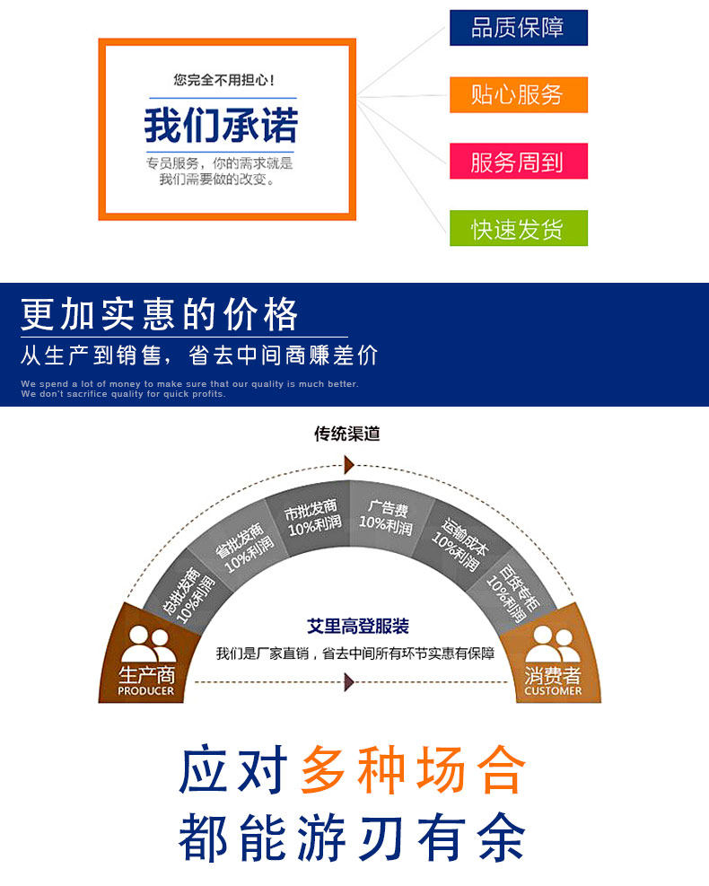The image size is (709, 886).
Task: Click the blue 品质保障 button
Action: pyautogui.click(x=518, y=28)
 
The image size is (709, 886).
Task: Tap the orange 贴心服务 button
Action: pyautogui.click(x=518, y=94)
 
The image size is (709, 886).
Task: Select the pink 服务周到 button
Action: pyautogui.click(x=518, y=162)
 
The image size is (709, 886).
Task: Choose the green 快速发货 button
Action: pyautogui.click(x=518, y=228)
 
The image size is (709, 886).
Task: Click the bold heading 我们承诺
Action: pyautogui.click(x=221, y=126)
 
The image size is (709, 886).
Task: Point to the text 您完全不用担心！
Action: pyautogui.click(x=224, y=80)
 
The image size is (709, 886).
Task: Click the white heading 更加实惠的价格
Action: pyautogui.click(x=160, y=315)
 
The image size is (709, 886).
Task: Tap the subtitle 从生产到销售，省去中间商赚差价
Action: pyautogui.click(x=199, y=355)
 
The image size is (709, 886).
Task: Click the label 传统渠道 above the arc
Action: pyautogui.click(x=347, y=434)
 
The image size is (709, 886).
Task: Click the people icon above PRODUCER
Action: pyautogui.click(x=147, y=645)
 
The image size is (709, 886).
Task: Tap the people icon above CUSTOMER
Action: pyautogui.click(x=552, y=645)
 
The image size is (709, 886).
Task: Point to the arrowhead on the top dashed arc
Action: pyautogui.click(x=349, y=464)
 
